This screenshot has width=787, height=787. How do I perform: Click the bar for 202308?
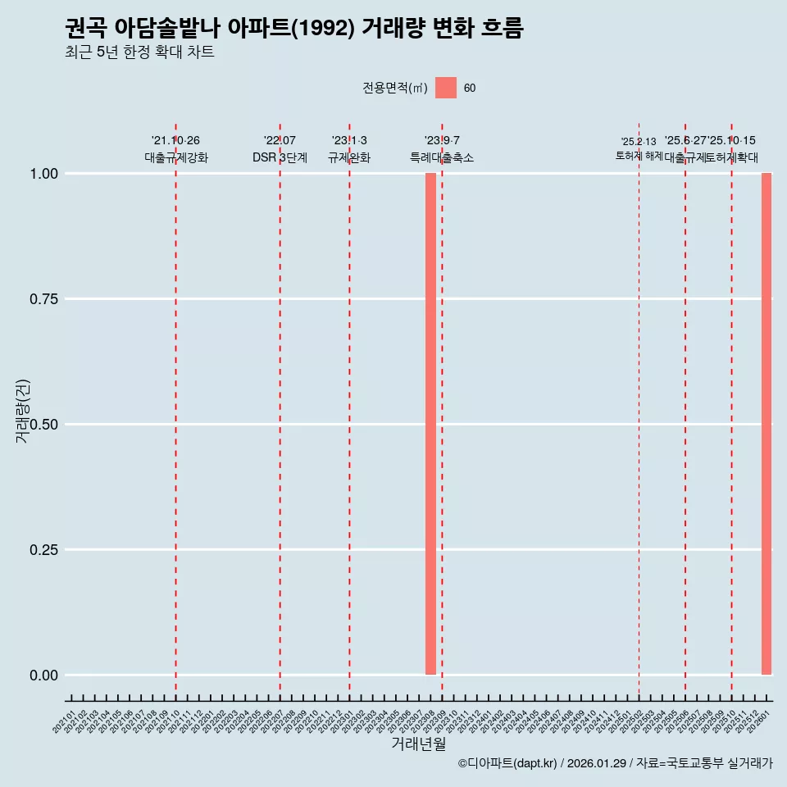(430, 424)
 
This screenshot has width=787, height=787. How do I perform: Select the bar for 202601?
(767, 424)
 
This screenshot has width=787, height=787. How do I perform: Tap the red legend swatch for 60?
(445, 88)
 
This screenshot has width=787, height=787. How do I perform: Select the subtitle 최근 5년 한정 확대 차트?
(139, 52)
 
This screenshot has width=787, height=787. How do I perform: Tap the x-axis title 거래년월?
(418, 744)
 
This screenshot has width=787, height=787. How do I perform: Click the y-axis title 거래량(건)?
(22, 411)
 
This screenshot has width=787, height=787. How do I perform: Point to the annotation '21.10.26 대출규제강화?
(175, 149)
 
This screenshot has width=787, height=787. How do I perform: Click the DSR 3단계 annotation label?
(280, 157)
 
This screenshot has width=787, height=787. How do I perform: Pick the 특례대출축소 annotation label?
(442, 157)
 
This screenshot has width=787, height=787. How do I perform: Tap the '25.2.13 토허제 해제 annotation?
(639, 148)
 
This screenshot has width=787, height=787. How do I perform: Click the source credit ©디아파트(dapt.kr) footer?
(615, 764)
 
